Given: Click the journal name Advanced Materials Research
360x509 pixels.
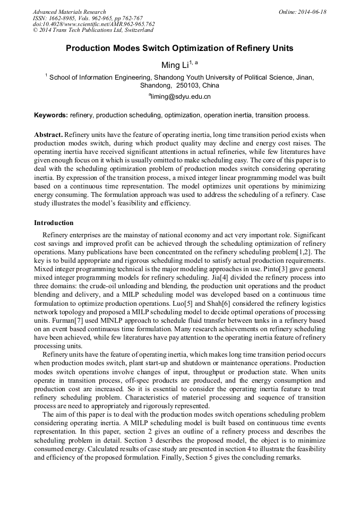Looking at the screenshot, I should click(x=69, y=12).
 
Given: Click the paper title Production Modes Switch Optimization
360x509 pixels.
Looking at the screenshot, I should click(x=179, y=48).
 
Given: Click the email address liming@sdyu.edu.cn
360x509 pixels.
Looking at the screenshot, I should click(x=181, y=97).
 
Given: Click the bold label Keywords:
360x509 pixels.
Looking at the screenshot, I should click(x=51, y=115).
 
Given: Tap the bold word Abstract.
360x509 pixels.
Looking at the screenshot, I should click(x=48, y=135).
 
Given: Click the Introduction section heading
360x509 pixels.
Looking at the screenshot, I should click(x=54, y=223).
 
